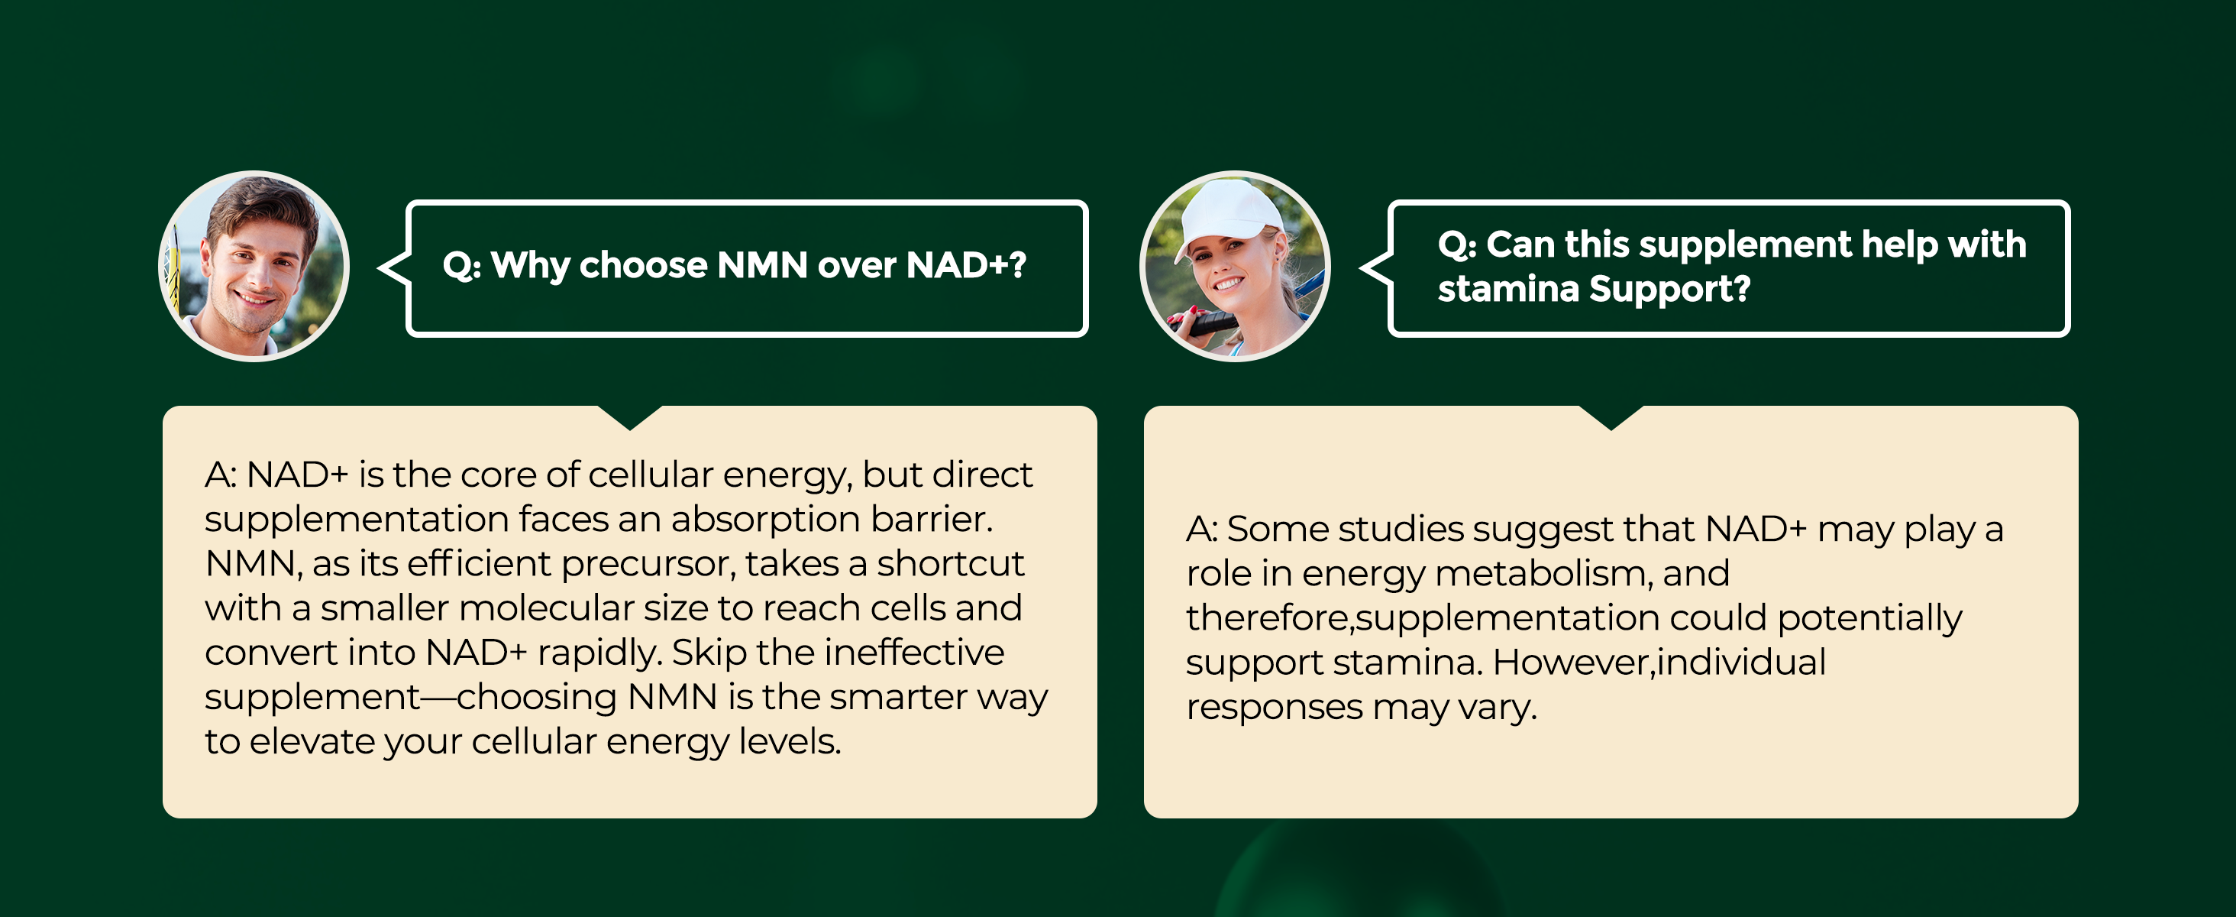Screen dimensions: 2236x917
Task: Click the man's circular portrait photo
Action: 254,266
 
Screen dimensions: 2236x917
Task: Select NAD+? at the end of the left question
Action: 966,265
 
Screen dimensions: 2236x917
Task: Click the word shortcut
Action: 951,564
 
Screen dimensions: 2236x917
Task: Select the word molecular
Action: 547,608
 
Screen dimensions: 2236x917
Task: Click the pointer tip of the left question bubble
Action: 380,268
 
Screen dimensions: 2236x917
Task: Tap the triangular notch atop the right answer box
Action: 1611,419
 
